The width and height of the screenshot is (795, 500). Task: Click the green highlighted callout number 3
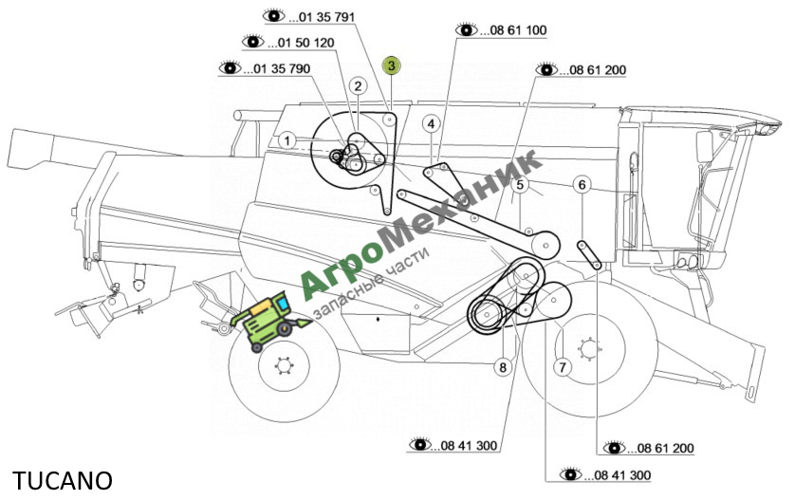point(392,65)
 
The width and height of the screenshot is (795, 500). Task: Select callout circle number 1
point(287,140)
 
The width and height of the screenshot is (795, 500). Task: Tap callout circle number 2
point(358,85)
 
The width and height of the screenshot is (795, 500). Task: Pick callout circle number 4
point(431,123)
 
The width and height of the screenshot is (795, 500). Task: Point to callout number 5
point(520,185)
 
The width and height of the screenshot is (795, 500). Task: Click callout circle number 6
point(582,185)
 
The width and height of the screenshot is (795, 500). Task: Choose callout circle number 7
point(563,366)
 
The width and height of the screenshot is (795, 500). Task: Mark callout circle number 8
point(503,366)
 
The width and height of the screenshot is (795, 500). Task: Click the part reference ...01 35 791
point(322,17)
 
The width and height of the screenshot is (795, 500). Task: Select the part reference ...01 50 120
point(301,43)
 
